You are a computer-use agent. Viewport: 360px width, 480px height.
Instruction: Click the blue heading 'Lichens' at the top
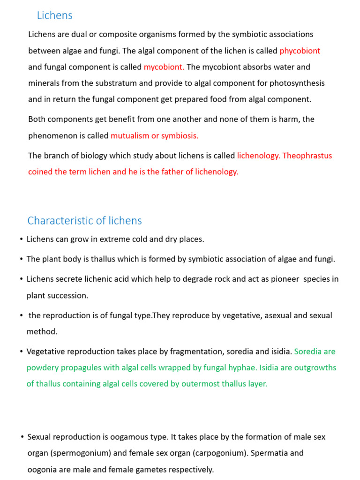[x=54, y=15]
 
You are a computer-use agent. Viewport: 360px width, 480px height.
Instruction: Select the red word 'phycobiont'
[x=300, y=51]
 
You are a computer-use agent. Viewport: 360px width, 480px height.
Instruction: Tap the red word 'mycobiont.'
[x=164, y=67]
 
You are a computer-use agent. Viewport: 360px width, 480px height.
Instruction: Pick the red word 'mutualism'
[x=129, y=136]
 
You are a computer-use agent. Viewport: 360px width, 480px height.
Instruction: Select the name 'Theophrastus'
[x=307, y=156]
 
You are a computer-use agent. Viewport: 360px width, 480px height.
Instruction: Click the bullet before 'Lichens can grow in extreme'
[x=22, y=240]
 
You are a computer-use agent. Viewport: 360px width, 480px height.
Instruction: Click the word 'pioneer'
[x=283, y=279]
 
